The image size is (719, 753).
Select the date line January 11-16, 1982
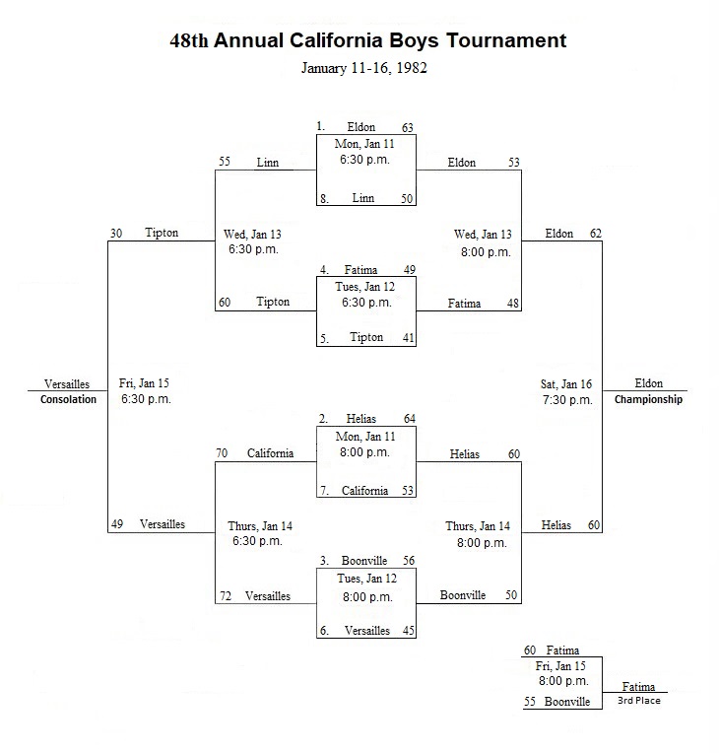click(x=364, y=68)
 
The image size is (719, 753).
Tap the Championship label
click(x=648, y=399)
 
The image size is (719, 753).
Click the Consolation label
click(x=68, y=399)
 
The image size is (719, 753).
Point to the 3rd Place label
click(x=639, y=701)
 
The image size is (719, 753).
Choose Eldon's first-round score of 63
click(x=408, y=128)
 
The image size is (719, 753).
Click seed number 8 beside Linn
click(x=324, y=199)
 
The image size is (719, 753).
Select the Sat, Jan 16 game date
click(x=566, y=384)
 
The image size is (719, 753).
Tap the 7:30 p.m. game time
click(x=567, y=400)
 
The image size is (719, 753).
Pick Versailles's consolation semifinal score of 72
click(x=226, y=596)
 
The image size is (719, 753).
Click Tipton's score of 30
click(x=116, y=234)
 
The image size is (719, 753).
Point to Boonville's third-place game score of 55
click(x=530, y=702)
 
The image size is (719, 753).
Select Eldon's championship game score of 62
click(x=596, y=234)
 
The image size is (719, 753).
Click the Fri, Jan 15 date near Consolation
click(x=144, y=383)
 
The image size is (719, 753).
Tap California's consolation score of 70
click(x=222, y=452)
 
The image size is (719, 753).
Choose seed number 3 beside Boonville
click(x=324, y=561)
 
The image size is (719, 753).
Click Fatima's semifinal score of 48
click(x=513, y=304)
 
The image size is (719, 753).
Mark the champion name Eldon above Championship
click(x=648, y=383)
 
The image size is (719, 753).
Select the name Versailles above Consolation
click(x=67, y=384)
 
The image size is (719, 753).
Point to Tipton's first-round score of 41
click(x=409, y=338)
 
